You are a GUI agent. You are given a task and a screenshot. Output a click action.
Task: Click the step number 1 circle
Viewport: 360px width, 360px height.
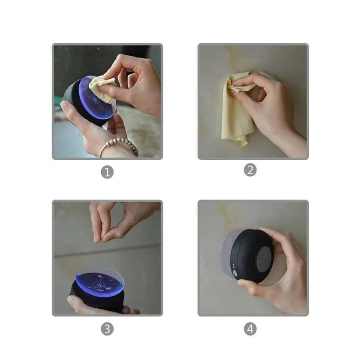tap(107, 171)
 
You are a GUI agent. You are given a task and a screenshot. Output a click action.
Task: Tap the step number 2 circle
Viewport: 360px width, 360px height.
tap(251, 170)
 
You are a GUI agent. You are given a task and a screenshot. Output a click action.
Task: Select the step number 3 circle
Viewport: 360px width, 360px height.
tap(107, 329)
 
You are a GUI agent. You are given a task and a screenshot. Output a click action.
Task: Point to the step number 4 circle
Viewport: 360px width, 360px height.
tap(251, 329)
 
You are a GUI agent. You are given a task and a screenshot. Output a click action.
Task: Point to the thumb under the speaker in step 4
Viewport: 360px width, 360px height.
tap(252, 284)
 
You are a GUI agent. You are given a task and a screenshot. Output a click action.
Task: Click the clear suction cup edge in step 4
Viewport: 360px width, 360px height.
tap(225, 252)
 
